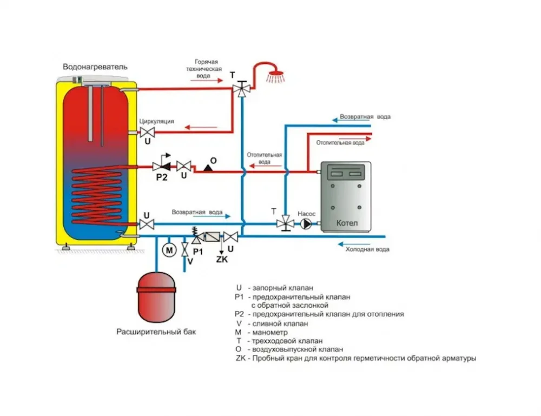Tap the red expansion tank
coord(156,298)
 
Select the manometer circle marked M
coord(169,250)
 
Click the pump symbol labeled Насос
coord(306,224)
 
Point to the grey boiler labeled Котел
coord(346,196)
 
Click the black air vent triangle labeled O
coord(208,168)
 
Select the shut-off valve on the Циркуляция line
coord(147,132)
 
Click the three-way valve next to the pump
coord(285,223)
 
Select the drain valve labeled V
coord(185,249)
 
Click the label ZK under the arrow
coord(222,259)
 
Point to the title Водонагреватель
coord(95,67)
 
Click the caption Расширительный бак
coord(156,332)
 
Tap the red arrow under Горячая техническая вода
coord(207,81)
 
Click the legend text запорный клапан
coord(283,288)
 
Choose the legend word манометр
coord(270,333)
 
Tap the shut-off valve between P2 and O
coord(183,166)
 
